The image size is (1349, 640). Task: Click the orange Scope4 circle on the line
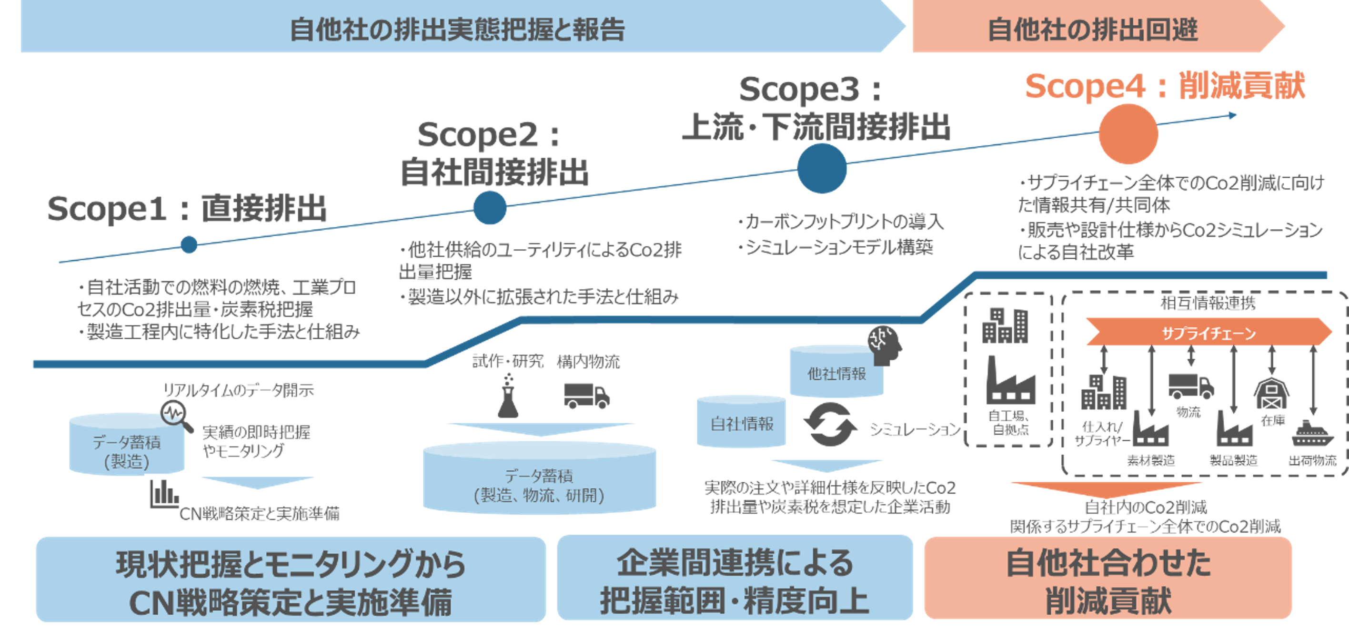(1128, 134)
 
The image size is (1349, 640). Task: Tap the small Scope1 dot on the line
(189, 244)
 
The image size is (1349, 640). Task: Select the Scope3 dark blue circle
(822, 168)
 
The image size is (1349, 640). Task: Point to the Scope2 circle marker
(490, 207)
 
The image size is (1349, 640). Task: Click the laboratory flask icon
(508, 397)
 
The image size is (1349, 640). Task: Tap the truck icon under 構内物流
(586, 396)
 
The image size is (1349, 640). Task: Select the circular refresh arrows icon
(829, 425)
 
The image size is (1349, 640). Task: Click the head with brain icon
(885, 345)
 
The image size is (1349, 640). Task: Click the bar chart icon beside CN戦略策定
(164, 493)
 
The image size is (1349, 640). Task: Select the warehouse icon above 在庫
(1271, 394)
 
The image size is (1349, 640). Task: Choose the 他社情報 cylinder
(836, 372)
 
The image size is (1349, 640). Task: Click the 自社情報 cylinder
(741, 423)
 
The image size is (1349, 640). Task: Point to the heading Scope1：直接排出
(187, 208)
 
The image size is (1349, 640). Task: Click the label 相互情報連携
(1208, 303)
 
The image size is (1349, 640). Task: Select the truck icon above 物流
(1190, 386)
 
